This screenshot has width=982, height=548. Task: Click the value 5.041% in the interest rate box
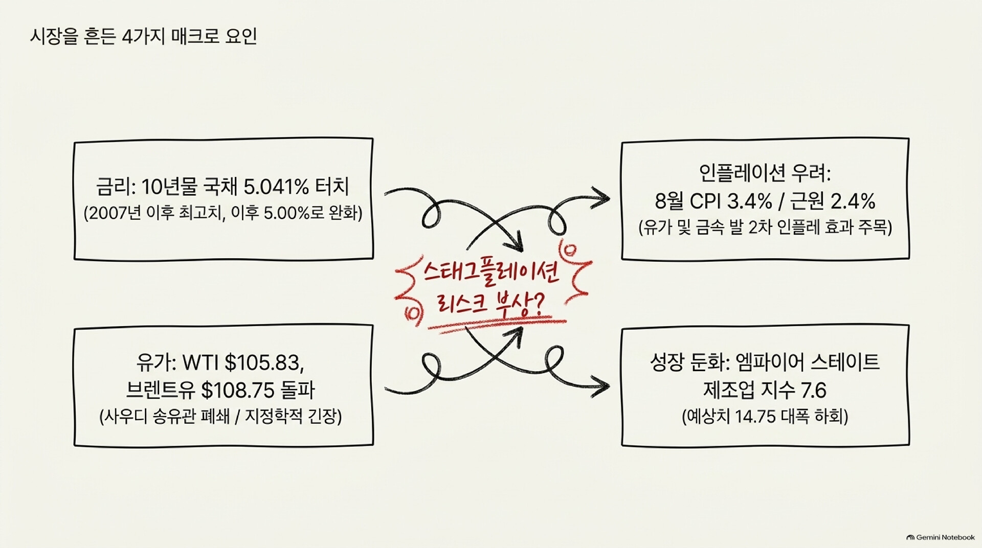click(x=276, y=187)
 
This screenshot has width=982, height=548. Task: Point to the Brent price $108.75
click(x=238, y=391)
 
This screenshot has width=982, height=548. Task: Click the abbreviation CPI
click(x=705, y=201)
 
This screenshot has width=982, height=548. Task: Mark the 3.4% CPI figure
click(x=749, y=201)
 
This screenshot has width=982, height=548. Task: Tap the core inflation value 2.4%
click(x=853, y=201)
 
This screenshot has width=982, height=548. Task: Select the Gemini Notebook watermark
click(x=941, y=537)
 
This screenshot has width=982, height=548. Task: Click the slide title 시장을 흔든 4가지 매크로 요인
click(x=143, y=37)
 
